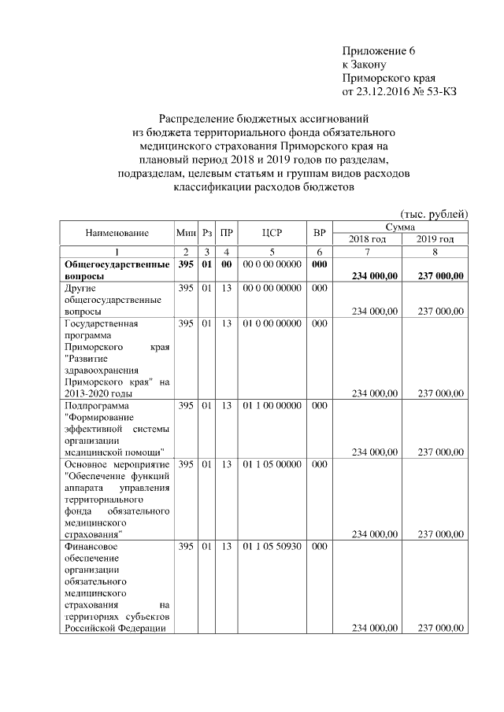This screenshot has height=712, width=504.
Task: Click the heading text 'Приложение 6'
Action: click(378, 51)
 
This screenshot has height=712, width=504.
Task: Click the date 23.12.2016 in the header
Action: click(384, 91)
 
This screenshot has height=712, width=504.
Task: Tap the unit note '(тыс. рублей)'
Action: click(434, 214)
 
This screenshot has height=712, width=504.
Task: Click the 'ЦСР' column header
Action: click(272, 233)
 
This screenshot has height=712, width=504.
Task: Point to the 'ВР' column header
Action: click(319, 233)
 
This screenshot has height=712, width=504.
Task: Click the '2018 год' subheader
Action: click(368, 239)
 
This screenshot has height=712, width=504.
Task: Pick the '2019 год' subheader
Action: click(435, 239)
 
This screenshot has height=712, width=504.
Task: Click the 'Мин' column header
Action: click(186, 233)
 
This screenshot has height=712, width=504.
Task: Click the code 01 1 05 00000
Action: click(272, 465)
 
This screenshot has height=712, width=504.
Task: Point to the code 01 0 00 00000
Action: click(272, 323)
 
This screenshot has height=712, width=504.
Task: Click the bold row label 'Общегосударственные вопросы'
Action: click(117, 270)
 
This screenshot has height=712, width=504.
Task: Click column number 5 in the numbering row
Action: click(272, 252)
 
